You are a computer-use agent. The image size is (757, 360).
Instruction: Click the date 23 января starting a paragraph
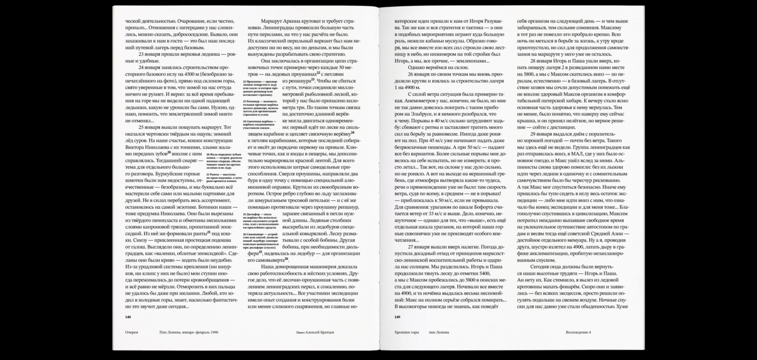point(149,54)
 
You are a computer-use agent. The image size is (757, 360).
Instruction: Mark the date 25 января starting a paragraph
point(149,127)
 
